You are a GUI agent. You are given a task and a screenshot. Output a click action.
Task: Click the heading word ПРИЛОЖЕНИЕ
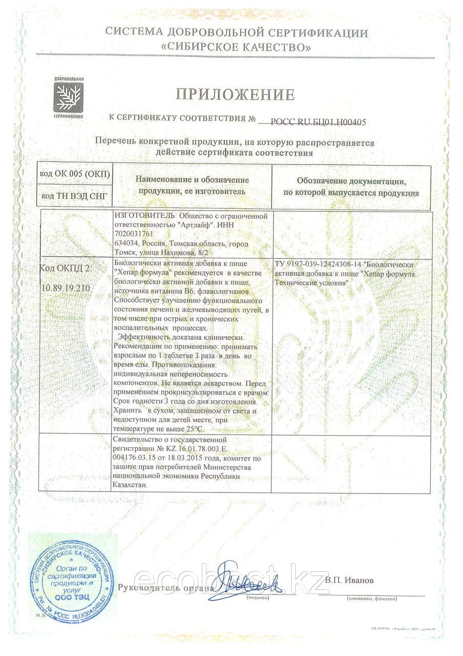click(x=236, y=94)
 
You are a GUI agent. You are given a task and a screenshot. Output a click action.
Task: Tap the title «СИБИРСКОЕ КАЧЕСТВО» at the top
click(x=236, y=48)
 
